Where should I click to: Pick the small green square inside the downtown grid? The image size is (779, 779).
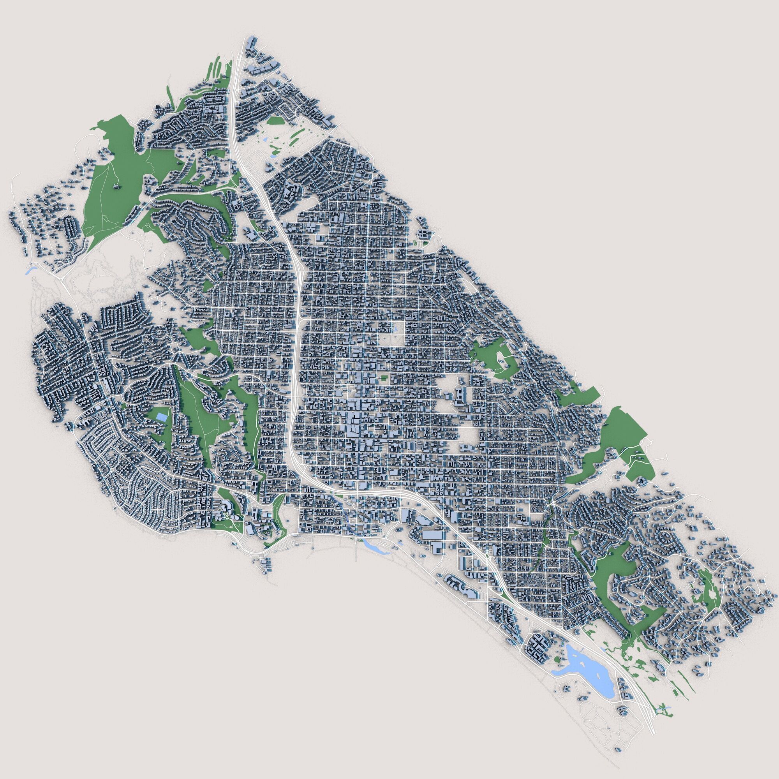coord(383,378)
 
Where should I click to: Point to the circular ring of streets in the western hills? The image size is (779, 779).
coord(162,332)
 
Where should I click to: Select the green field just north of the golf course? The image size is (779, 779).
coord(275,120)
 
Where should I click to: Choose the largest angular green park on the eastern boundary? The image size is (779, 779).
coord(623,434)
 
